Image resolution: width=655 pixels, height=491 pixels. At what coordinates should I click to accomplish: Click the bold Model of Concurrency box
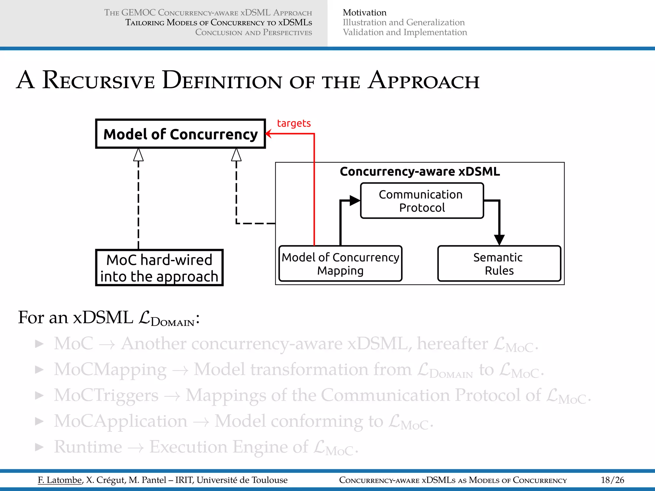click(x=180, y=134)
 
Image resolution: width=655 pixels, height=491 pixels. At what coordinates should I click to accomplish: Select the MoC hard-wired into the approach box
click(x=159, y=268)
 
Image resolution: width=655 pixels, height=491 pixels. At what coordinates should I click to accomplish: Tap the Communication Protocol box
click(x=422, y=201)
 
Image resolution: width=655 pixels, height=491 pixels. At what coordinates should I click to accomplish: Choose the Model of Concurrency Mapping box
click(x=340, y=264)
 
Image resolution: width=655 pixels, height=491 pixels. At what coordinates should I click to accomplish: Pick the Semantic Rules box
click(x=499, y=264)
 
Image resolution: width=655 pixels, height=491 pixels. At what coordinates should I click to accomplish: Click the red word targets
click(x=294, y=123)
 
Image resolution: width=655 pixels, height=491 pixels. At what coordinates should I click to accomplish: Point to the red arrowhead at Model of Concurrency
click(x=269, y=134)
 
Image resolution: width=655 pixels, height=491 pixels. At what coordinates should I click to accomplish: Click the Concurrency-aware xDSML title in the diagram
click(x=420, y=172)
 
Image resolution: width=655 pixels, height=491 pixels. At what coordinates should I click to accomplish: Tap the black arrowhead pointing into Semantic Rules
click(x=499, y=240)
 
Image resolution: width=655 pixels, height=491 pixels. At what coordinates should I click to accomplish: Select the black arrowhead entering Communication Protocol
click(x=355, y=201)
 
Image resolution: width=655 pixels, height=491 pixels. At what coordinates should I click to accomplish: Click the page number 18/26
click(x=612, y=480)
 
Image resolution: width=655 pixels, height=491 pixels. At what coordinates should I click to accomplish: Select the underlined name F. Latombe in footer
click(x=60, y=480)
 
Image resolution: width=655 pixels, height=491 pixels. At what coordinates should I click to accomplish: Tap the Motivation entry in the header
click(x=365, y=12)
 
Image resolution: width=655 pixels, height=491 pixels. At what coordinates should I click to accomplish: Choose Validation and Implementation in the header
click(x=405, y=32)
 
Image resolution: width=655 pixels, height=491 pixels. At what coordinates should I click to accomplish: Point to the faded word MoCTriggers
click(x=106, y=395)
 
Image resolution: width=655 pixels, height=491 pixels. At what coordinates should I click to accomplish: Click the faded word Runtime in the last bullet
click(x=88, y=447)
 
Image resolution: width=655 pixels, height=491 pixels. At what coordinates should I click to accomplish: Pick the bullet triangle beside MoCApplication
click(x=39, y=421)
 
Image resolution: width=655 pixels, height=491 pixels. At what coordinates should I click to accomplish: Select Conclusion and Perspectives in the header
click(x=253, y=32)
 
